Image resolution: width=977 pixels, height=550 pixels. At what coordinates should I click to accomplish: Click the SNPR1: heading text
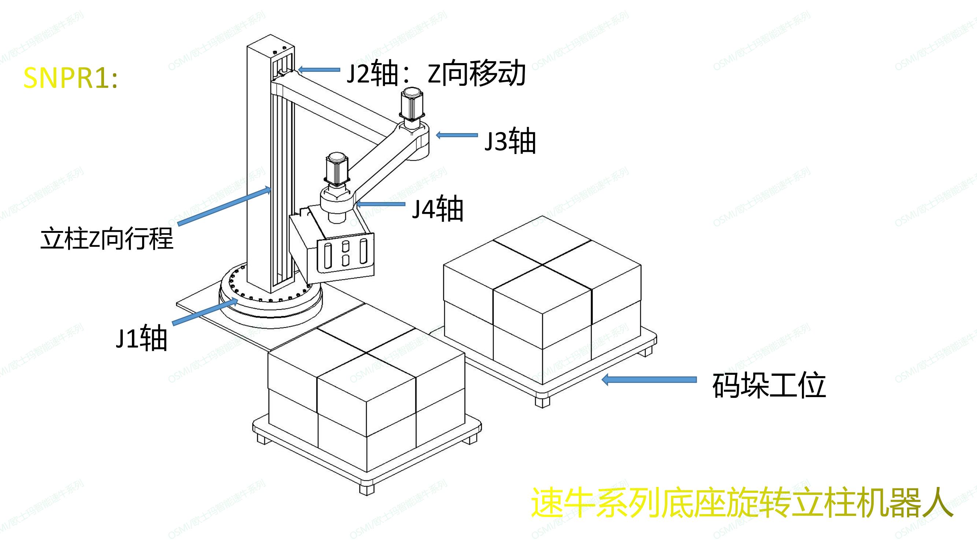[x=71, y=78]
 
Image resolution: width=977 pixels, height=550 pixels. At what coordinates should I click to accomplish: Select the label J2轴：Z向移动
[x=436, y=74]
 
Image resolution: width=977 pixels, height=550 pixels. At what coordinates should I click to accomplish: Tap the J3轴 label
[x=510, y=141]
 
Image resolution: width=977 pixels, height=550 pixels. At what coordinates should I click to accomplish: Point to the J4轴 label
[x=438, y=209]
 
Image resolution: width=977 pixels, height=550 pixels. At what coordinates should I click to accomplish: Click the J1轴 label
[x=141, y=338]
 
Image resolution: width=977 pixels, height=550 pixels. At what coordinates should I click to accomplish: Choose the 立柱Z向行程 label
[x=107, y=239]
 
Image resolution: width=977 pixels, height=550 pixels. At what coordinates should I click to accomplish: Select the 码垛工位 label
[x=769, y=386]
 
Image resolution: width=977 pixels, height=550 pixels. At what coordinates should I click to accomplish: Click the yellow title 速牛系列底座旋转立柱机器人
[x=741, y=503]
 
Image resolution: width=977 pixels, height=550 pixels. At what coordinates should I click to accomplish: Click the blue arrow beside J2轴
[x=319, y=70]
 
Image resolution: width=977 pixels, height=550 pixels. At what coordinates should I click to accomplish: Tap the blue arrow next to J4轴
[x=380, y=204]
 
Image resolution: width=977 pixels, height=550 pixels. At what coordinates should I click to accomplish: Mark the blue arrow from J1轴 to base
[x=205, y=312]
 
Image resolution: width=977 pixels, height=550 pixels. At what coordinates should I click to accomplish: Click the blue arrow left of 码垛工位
[x=649, y=379]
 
